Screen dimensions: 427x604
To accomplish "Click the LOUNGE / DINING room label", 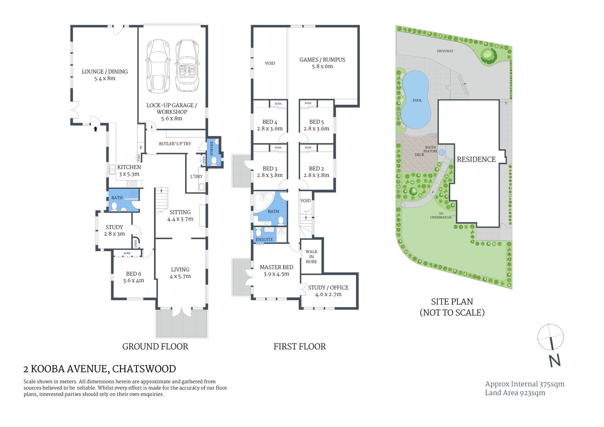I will (x=105, y=72).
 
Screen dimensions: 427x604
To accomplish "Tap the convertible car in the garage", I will (x=187, y=66).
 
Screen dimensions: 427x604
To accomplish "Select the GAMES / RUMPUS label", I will (x=322, y=60).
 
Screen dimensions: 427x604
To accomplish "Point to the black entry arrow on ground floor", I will (x=95, y=129).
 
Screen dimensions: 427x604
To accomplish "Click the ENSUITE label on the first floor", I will (x=264, y=240).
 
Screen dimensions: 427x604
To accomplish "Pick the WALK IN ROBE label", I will (x=311, y=257).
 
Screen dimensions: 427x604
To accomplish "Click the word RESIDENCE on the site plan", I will (x=476, y=159).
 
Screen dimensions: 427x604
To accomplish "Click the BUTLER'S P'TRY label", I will (x=175, y=144).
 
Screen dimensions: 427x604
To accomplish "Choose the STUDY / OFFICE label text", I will (x=328, y=288).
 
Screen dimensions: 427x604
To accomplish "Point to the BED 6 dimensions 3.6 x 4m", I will (x=133, y=281).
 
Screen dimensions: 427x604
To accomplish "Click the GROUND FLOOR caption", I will (x=155, y=346).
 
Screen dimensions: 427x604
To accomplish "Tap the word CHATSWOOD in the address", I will (x=144, y=369).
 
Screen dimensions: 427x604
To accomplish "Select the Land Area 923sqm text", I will (x=515, y=393).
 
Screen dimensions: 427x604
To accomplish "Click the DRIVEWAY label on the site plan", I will (x=445, y=51).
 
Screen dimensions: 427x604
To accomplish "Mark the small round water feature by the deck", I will (x=442, y=152).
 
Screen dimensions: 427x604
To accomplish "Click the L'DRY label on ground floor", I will (x=196, y=177).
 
